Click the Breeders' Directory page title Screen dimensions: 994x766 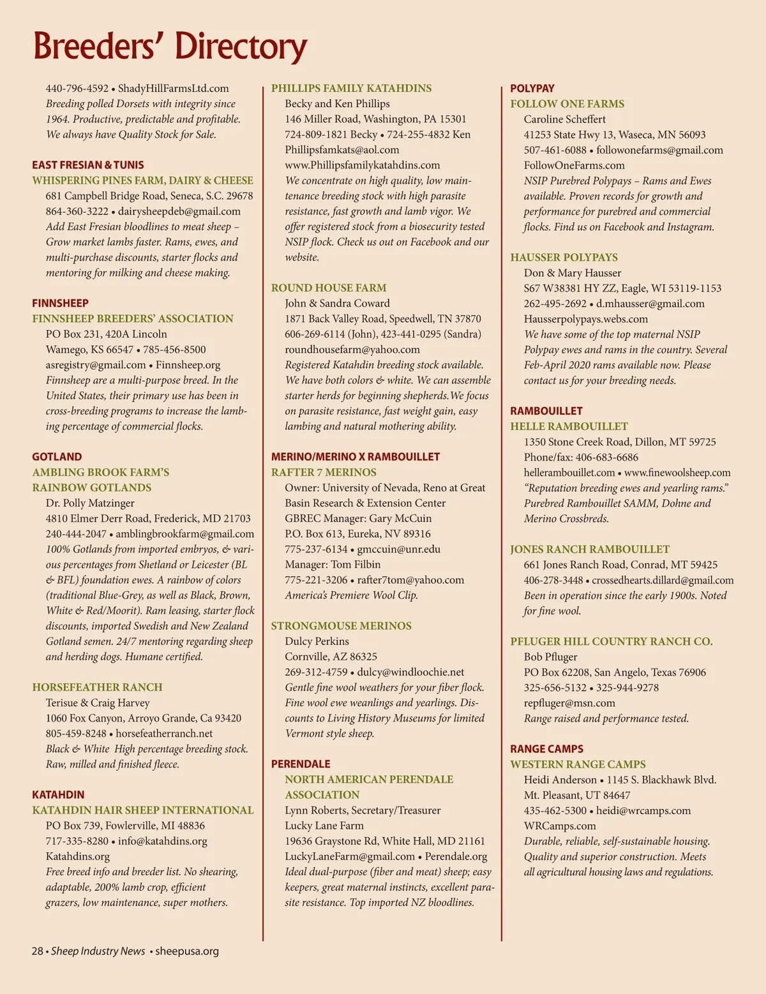point(170,46)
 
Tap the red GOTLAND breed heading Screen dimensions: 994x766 point(57,457)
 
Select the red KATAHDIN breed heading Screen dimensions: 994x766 point(58,794)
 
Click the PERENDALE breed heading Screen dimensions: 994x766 point(301,764)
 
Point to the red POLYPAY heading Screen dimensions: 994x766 point(532,88)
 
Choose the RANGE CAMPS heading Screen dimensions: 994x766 point(546,748)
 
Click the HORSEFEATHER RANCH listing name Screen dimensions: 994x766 point(98,687)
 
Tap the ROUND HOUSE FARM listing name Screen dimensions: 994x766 point(329,288)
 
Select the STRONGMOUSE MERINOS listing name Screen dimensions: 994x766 point(342,626)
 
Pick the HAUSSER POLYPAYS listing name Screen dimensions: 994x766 point(564,257)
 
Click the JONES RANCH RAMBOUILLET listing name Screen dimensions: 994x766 point(590,549)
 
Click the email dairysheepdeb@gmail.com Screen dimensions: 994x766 point(179,211)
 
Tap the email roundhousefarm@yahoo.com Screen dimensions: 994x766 point(352,350)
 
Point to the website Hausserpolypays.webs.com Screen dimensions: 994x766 point(585,319)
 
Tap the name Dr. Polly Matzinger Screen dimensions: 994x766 point(90,503)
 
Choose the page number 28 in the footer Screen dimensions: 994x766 point(37,951)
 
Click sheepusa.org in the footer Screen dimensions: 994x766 point(187,951)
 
